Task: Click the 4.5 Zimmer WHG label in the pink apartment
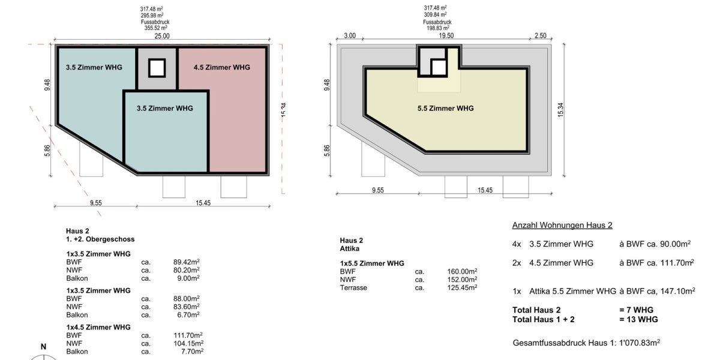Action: click(x=222, y=67)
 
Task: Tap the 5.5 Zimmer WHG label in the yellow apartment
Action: click(x=445, y=109)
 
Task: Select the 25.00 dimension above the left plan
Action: click(x=162, y=36)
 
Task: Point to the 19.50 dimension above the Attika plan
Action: click(x=446, y=36)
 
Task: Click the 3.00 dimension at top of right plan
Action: click(x=350, y=36)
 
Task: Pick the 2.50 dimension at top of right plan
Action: click(x=541, y=36)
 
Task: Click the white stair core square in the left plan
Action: click(x=157, y=68)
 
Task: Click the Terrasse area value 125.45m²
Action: click(x=463, y=288)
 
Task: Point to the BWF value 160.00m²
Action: click(x=463, y=271)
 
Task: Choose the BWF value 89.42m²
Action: click(x=186, y=262)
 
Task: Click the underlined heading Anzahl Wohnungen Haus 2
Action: click(x=562, y=226)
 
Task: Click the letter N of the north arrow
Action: click(x=43, y=347)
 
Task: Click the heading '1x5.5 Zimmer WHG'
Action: click(x=371, y=263)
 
